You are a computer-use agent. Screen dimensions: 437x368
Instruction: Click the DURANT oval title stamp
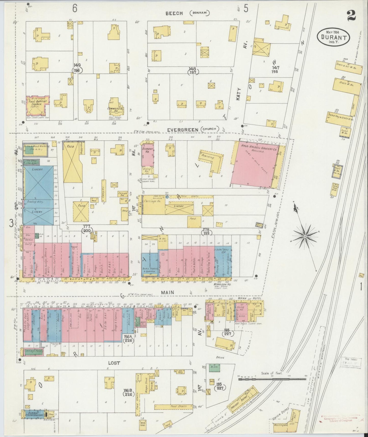click(333, 37)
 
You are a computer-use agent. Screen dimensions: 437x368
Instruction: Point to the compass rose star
click(305, 236)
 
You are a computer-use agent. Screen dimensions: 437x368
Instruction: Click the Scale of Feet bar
click(272, 379)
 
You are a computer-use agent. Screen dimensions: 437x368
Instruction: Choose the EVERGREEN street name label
click(183, 130)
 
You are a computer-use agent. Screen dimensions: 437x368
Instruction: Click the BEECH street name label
click(174, 13)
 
